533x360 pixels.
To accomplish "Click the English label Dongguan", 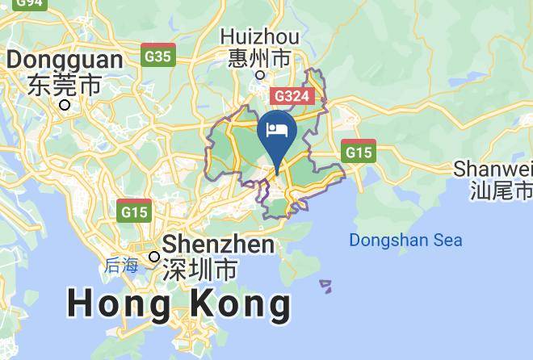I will (x=65, y=60).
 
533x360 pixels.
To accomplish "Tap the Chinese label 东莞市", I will (x=65, y=84).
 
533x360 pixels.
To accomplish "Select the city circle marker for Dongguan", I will (x=65, y=104).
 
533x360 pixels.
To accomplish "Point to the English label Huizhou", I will (x=259, y=37).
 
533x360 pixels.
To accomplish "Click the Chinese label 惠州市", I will (x=259, y=58).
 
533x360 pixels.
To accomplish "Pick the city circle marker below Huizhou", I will (x=260, y=75).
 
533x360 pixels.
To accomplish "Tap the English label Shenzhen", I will (x=219, y=245).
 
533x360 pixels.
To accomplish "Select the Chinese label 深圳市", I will (x=199, y=269).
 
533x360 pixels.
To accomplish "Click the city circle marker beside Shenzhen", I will (x=154, y=257).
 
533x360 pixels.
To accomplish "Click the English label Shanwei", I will (x=493, y=169).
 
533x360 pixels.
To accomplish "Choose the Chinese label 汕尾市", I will (x=502, y=190).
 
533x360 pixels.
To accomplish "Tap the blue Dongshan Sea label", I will (x=405, y=240).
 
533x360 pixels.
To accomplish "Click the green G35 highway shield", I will (x=157, y=55).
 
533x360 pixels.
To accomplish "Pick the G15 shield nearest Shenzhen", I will (x=134, y=211).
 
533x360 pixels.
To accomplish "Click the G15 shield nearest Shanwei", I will (x=358, y=151).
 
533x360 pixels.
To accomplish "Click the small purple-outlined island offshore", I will (x=325, y=286).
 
